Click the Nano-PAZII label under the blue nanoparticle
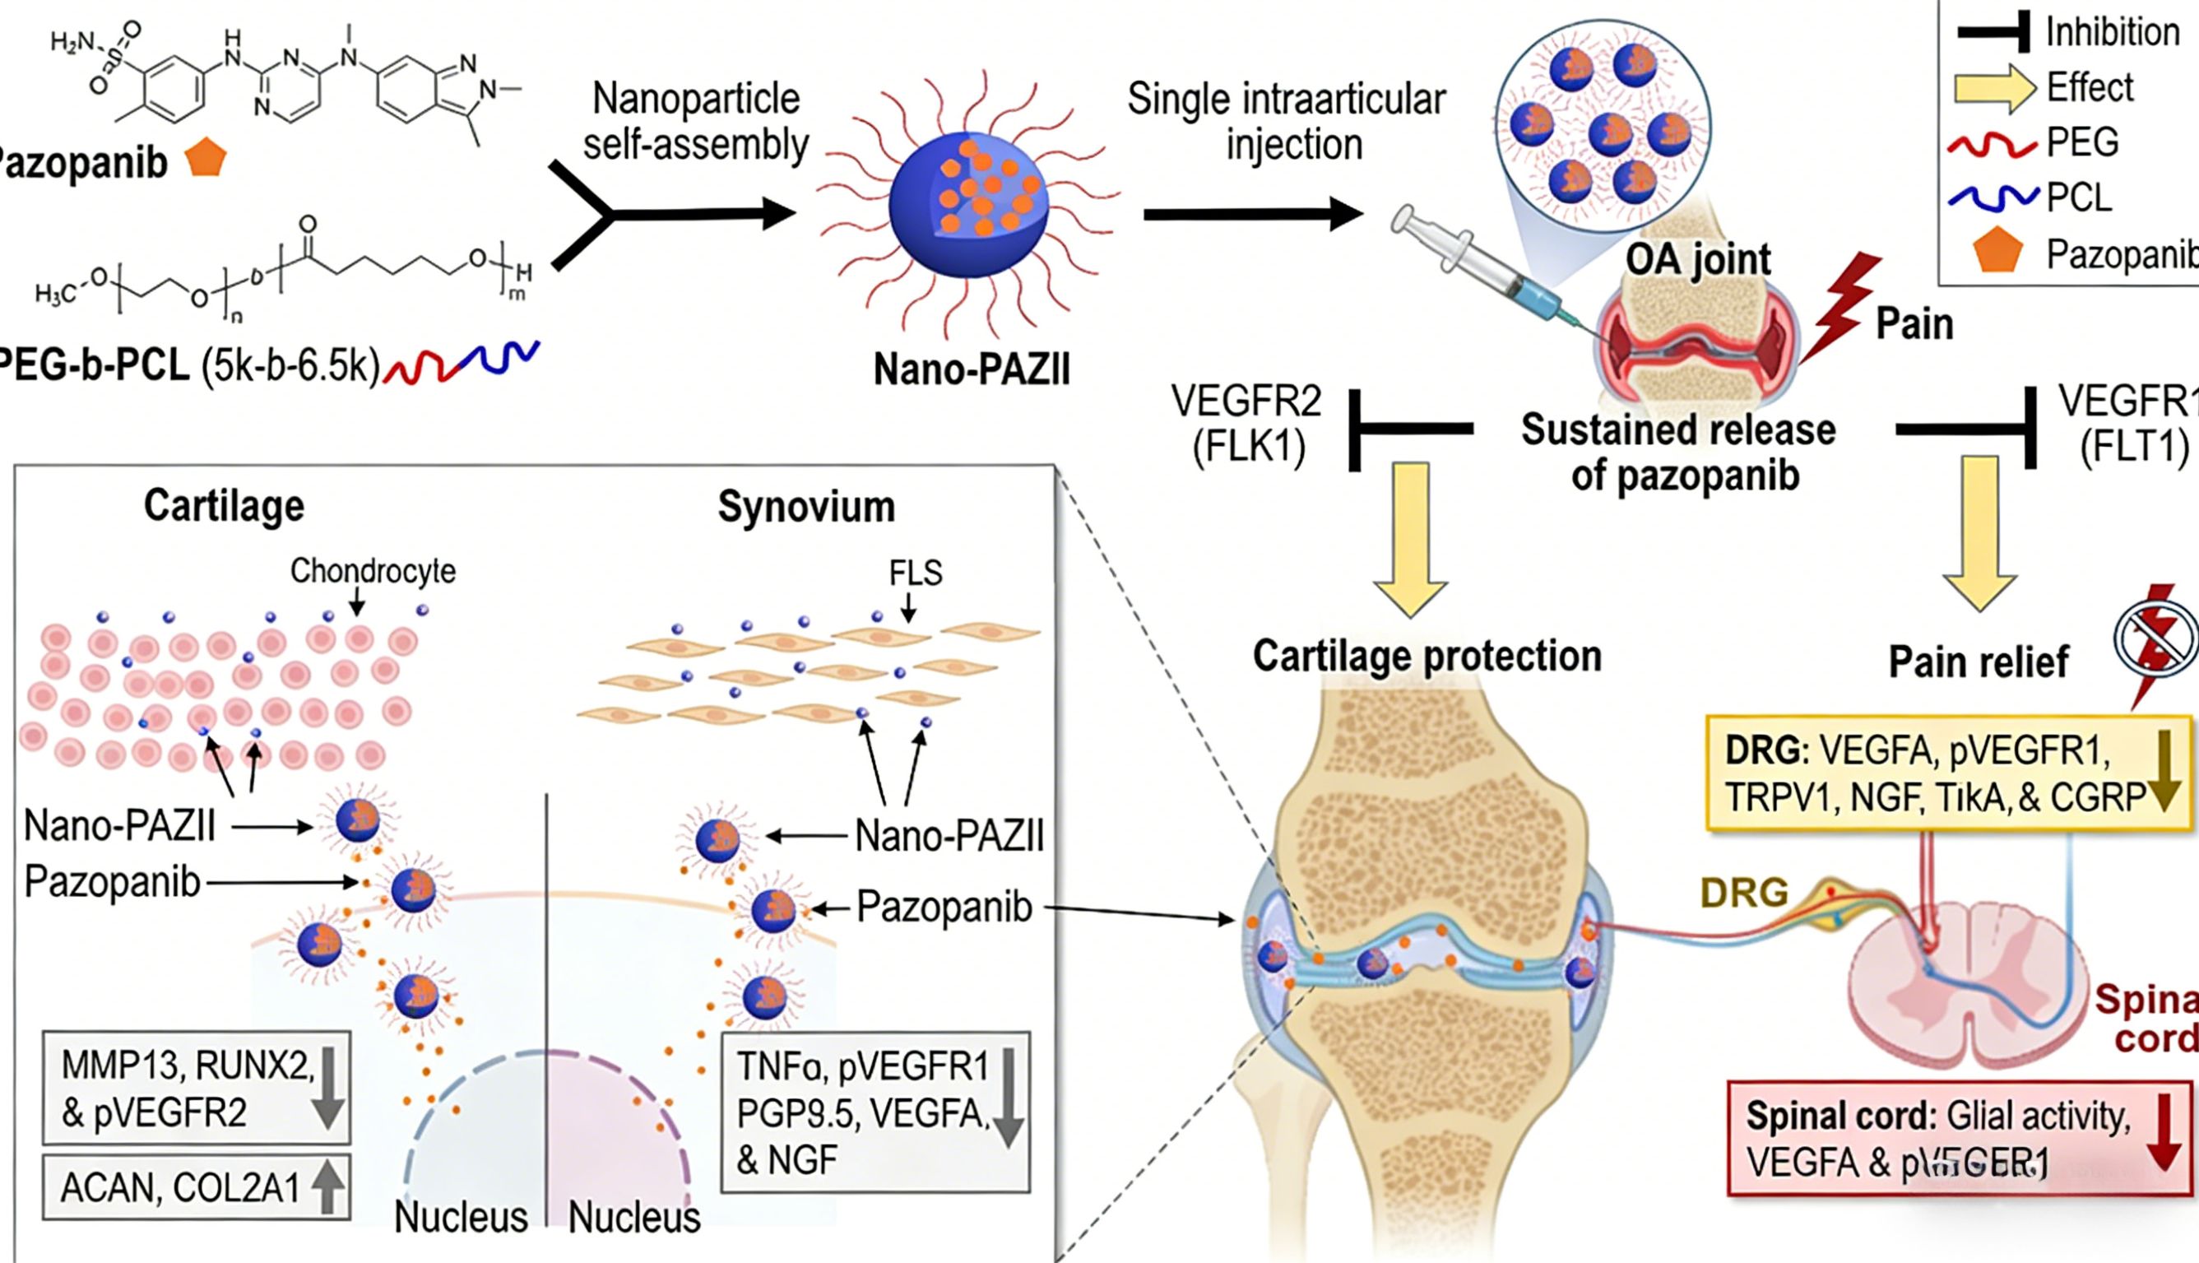pyautogui.click(x=972, y=369)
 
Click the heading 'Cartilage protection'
pyautogui.click(x=1427, y=657)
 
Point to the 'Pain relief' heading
pyautogui.click(x=1978, y=662)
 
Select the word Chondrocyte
pyautogui.click(x=372, y=571)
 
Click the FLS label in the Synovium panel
pyautogui.click(x=915, y=573)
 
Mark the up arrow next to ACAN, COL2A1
pyautogui.click(x=327, y=1186)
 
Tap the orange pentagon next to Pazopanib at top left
pyautogui.click(x=206, y=158)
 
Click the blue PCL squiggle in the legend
pyautogui.click(x=1992, y=197)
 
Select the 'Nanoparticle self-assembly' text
pyautogui.click(x=695, y=122)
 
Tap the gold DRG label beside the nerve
pyautogui.click(x=1744, y=893)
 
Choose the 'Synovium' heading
pyautogui.click(x=805, y=507)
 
